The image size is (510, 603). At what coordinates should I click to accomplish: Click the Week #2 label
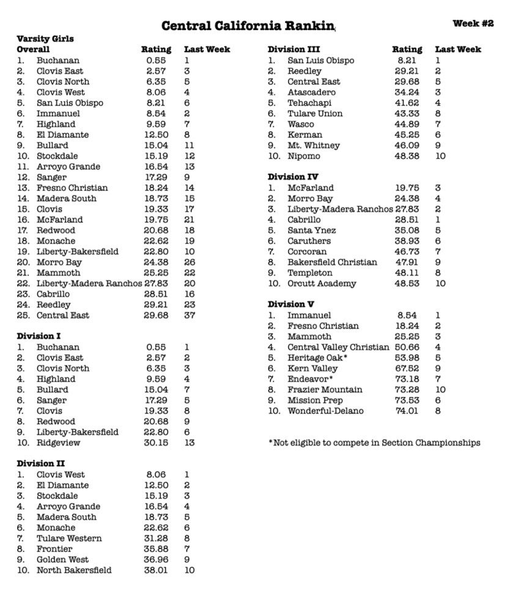[x=473, y=23]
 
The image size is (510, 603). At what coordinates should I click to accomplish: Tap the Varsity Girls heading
[x=45, y=39]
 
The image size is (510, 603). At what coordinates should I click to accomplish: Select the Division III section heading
[x=294, y=50]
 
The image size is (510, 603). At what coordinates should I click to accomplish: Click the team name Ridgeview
[x=58, y=443]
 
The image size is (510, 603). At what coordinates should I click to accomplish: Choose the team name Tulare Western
[x=69, y=538]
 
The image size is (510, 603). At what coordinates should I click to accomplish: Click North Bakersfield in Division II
[x=74, y=570]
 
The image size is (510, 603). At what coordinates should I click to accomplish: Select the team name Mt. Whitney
[x=314, y=146]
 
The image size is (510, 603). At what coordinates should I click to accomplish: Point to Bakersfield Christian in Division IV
[x=332, y=262]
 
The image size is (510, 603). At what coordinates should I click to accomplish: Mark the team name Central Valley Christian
[x=338, y=347]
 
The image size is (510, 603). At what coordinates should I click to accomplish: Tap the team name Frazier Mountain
[x=325, y=390]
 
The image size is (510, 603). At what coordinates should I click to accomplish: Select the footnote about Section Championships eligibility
[x=374, y=443]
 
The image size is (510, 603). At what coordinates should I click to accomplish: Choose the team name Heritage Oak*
[x=318, y=358]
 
